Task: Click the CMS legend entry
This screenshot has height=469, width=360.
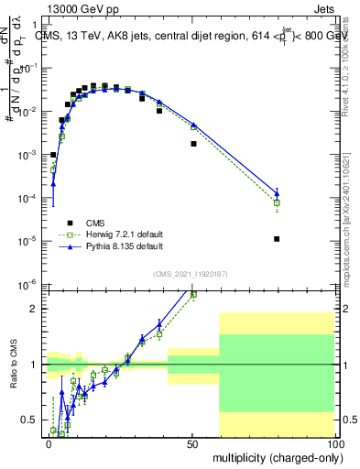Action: click(x=96, y=222)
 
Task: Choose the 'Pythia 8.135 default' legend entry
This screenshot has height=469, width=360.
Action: click(x=124, y=247)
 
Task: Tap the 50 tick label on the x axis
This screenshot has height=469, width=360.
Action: click(x=192, y=442)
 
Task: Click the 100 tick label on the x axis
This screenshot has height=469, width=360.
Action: click(x=335, y=442)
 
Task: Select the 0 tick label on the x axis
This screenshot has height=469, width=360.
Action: click(x=49, y=442)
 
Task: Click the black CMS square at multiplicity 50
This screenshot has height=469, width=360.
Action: click(x=193, y=144)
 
